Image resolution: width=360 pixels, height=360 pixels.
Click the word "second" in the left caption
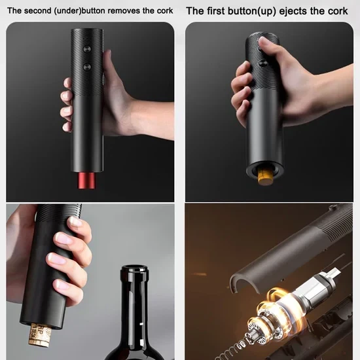tap(38, 10)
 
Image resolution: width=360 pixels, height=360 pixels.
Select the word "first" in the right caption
tap(215, 11)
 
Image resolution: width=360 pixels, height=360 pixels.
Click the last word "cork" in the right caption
tap(338, 11)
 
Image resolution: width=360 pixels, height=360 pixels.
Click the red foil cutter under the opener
tap(86, 181)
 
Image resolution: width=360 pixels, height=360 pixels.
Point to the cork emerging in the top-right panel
tap(265, 177)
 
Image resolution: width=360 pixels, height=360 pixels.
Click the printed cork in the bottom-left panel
tap(39, 335)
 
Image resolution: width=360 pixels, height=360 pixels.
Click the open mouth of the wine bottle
tap(134, 268)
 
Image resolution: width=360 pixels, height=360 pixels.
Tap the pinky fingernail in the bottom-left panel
tap(61, 285)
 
